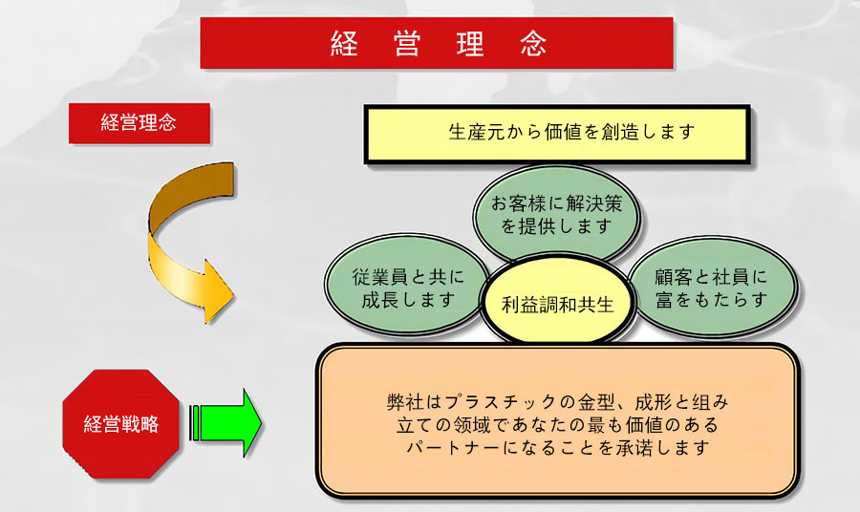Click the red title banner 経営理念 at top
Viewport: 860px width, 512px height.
click(437, 43)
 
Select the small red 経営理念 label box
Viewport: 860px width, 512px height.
click(140, 123)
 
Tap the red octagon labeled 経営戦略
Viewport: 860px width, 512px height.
click(121, 424)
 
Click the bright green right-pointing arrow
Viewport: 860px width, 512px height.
click(226, 422)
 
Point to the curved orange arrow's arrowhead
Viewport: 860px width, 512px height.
click(218, 292)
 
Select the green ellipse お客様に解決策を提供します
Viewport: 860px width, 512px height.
click(556, 214)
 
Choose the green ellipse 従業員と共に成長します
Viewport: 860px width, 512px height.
click(407, 286)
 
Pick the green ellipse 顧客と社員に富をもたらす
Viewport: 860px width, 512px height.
click(712, 287)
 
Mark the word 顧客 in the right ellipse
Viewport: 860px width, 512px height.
click(673, 277)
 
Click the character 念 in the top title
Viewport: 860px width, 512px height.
click(533, 43)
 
